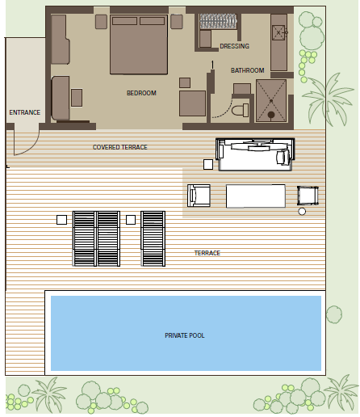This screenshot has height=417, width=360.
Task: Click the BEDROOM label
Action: click(141, 93)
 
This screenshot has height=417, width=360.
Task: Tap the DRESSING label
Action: click(234, 46)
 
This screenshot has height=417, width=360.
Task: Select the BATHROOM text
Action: click(248, 70)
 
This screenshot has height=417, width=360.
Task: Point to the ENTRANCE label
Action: click(25, 112)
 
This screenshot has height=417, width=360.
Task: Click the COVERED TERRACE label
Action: click(120, 147)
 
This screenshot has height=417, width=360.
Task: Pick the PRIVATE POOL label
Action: click(185, 335)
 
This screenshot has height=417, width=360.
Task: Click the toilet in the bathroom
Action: click(241, 110)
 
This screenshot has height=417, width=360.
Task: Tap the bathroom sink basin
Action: click(278, 32)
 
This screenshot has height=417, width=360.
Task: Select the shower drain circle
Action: click(271, 115)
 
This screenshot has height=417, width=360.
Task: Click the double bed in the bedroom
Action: click(139, 44)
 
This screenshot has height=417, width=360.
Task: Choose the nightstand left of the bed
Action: click(101, 22)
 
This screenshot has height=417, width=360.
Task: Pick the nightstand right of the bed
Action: click(177, 22)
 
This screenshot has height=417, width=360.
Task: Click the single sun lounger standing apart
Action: click(153, 238)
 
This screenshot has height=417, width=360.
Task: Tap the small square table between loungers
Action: click(131, 220)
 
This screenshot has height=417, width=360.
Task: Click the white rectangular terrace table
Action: click(256, 196)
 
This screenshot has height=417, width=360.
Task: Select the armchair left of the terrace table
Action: click(199, 196)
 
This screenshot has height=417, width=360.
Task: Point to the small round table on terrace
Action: click(302, 212)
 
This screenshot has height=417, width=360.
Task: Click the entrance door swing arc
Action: click(31, 147)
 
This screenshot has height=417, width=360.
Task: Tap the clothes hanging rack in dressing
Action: click(218, 21)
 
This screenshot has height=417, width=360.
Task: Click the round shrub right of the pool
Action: click(334, 314)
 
